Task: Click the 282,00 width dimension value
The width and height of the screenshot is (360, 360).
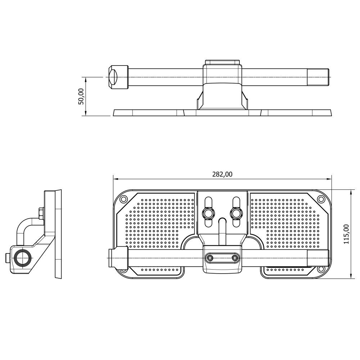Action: click(x=222, y=174)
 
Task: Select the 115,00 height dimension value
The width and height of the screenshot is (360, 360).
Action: click(x=346, y=234)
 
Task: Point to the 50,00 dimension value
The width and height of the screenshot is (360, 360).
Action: click(x=81, y=96)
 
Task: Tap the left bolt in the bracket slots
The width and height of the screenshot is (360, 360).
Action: click(x=208, y=213)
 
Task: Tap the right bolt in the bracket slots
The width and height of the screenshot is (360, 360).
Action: click(x=236, y=213)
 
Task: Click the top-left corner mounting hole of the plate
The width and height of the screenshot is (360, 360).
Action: click(x=123, y=199)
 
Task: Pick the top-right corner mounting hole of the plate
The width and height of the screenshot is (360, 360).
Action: click(x=320, y=199)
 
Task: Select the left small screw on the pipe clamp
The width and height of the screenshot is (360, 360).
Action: click(x=210, y=257)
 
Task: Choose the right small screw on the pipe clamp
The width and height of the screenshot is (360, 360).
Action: click(x=235, y=257)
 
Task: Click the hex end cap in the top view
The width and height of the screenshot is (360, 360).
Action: click(x=118, y=77)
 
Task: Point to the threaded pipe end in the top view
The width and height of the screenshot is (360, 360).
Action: click(x=318, y=77)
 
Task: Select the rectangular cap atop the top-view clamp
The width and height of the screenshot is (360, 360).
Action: click(x=222, y=62)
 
